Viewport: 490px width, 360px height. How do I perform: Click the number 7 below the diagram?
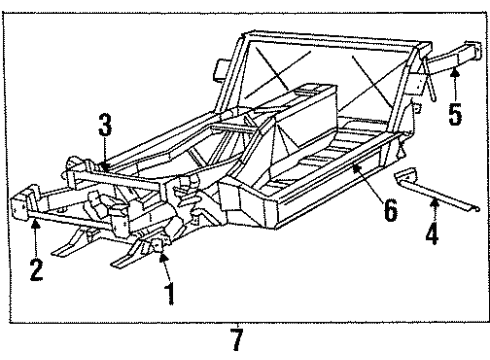pos(237,341)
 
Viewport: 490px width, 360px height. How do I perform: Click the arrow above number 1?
pos(166,270)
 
